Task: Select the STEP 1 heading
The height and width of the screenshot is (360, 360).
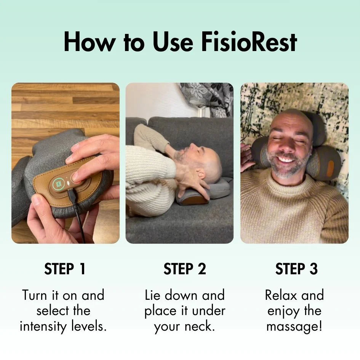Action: [65, 269]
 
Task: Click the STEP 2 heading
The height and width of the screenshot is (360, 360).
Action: [185, 269]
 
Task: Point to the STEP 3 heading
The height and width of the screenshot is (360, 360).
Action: [296, 269]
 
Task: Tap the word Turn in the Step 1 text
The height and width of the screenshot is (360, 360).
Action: [35, 295]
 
